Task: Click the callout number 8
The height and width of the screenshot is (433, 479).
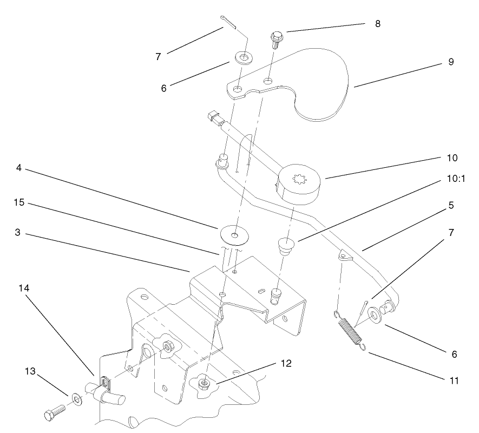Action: [377, 24]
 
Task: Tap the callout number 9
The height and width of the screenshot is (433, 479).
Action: [451, 62]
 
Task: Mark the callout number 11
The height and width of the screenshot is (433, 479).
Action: [454, 380]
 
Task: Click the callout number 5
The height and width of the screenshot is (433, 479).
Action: [451, 206]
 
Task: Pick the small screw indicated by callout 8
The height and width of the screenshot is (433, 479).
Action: [274, 40]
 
